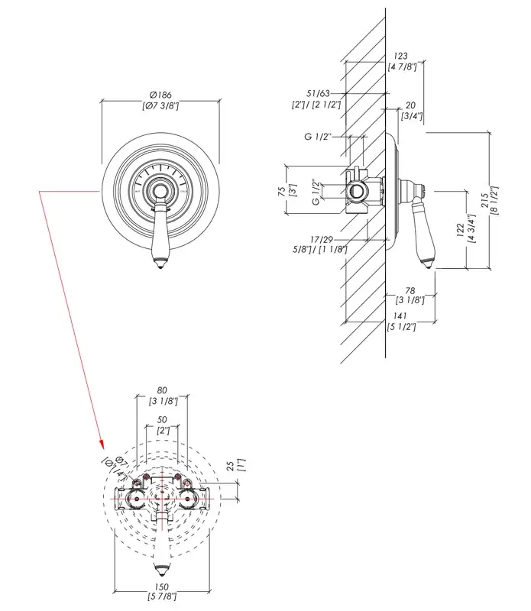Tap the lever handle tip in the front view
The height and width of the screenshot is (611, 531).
tap(160, 264)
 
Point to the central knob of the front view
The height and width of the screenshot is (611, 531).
tap(160, 189)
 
